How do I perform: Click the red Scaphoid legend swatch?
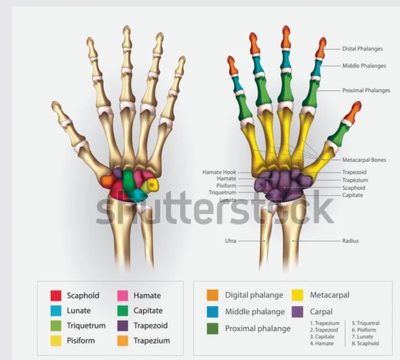[x=56, y=295]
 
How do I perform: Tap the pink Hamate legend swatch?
[x=123, y=295]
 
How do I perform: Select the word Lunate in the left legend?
[x=79, y=310]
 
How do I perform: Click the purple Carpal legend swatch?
[x=297, y=312]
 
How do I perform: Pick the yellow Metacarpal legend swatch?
[x=297, y=295]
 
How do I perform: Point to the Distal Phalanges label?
[x=362, y=49]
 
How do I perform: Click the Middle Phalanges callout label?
[x=364, y=66]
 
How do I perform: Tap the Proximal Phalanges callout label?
[x=366, y=90]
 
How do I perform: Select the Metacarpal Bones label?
[x=364, y=160]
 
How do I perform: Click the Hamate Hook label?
[x=219, y=172]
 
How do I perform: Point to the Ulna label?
[x=231, y=241]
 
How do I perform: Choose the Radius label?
[x=350, y=241]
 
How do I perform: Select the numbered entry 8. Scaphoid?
[x=365, y=343]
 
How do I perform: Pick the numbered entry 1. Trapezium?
[x=325, y=323]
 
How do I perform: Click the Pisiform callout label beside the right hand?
[x=226, y=186]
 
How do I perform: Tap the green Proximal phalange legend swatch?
[x=213, y=328]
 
